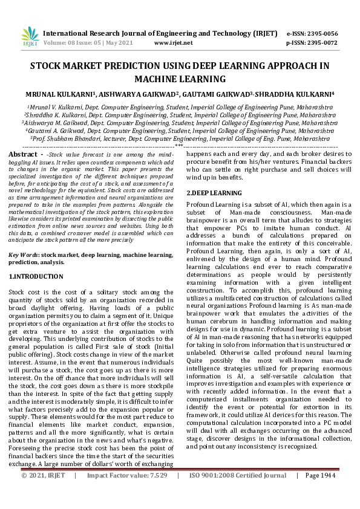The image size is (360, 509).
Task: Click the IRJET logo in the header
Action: tap(29, 36)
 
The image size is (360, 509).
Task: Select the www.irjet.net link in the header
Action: tap(174, 43)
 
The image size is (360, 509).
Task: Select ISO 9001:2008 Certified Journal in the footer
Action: tap(238, 493)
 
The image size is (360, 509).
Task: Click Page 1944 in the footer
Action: tap(320, 493)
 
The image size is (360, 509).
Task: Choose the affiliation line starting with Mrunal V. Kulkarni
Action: tap(180, 105)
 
